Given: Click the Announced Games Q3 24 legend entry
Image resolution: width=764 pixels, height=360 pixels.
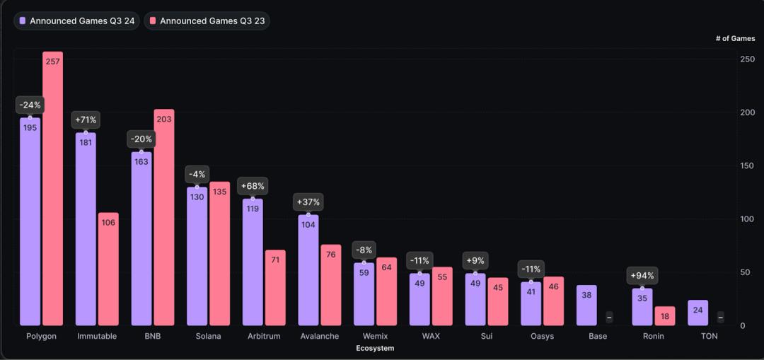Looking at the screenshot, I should pos(77,21).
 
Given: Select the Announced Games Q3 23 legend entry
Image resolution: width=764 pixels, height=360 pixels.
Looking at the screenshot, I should pos(207,21).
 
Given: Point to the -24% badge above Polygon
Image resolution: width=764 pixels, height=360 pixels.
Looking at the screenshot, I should pos(30,105).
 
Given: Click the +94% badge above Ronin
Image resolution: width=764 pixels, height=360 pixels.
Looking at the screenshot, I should pos(642,276).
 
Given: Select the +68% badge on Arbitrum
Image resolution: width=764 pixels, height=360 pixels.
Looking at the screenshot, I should pos(253,186).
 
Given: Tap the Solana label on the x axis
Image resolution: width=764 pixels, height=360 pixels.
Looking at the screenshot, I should pos(208,336).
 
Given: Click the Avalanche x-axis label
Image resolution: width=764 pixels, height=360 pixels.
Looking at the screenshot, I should pos(319,336).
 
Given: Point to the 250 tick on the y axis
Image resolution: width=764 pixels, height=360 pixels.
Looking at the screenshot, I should pos(747,59).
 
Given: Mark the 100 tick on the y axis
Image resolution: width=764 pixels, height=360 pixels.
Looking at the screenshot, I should pos(747,219).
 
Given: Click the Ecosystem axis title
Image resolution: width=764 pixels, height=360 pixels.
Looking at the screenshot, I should pos(375,348).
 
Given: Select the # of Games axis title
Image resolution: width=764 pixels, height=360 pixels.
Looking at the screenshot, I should pos(735,39).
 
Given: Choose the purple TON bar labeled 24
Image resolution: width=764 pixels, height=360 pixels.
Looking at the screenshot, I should pos(698,313).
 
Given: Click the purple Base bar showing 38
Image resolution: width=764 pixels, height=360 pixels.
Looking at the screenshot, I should pos(586,305).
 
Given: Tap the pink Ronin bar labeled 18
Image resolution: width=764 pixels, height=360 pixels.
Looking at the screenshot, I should pos(665,316).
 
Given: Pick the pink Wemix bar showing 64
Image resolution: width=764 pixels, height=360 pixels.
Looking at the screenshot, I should pos(386,291).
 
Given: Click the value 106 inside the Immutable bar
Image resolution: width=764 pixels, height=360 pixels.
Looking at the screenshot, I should pos(108,223).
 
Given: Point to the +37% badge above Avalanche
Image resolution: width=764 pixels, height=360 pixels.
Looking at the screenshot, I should pos(308,202).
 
